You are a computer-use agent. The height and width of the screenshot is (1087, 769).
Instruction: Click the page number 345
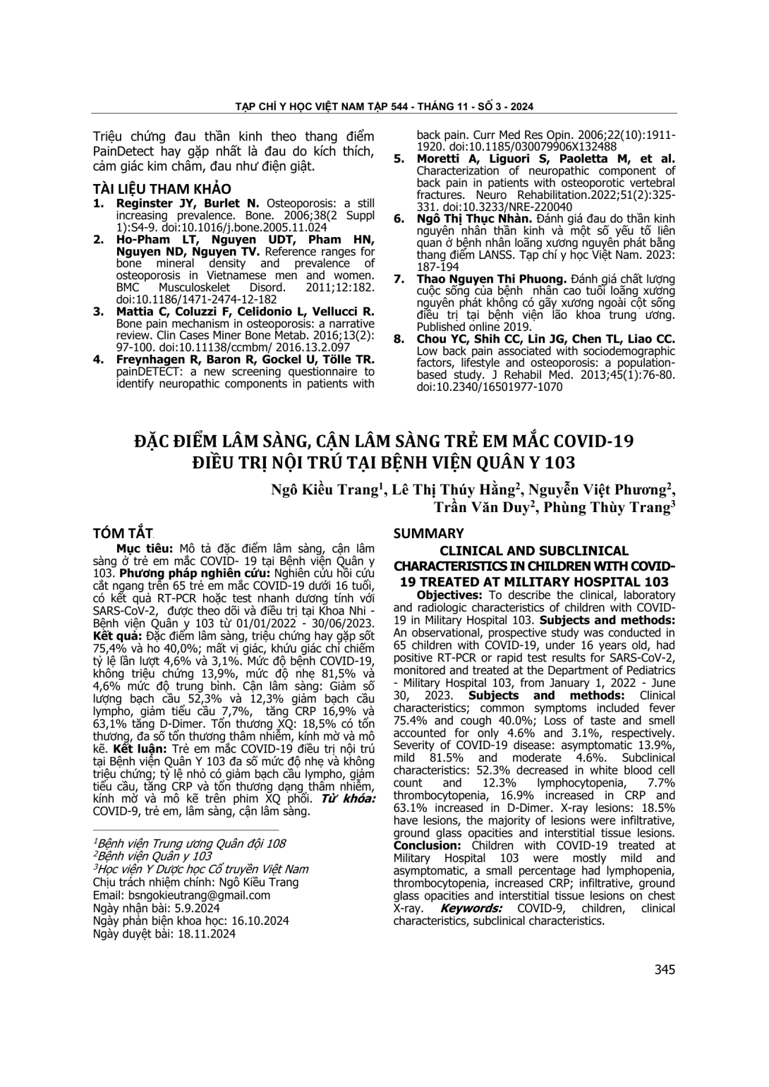pos(664,969)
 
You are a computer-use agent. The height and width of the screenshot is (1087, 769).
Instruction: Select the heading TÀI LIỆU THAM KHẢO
pos(162,189)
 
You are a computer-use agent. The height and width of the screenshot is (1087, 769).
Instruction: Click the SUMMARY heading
pos(428,533)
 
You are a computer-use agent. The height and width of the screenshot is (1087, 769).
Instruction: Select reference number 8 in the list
pos(399,339)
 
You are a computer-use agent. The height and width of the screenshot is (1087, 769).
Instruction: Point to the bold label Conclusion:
pos(428,846)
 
